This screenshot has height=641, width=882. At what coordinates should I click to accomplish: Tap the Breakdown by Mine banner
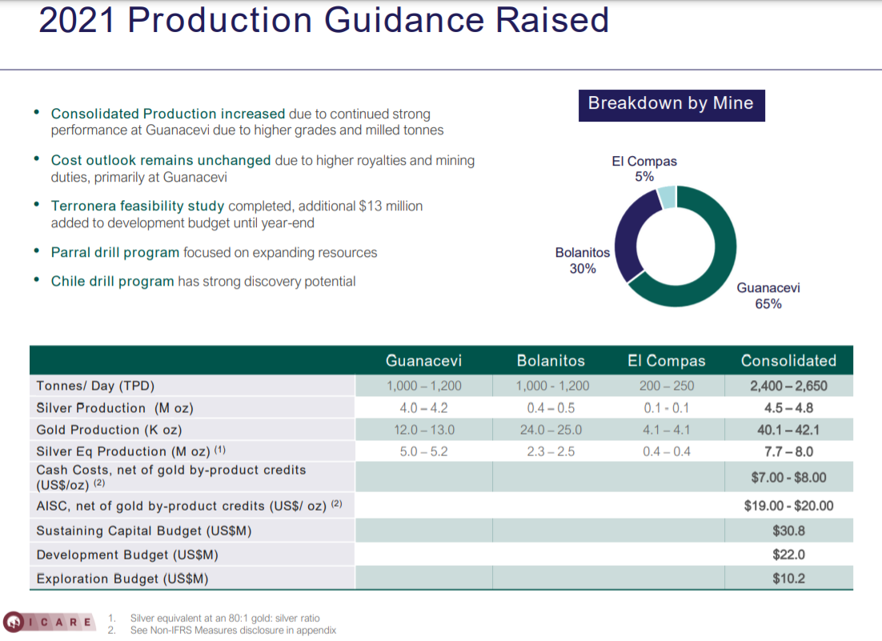[671, 103]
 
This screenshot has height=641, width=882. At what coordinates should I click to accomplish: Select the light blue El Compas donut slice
[667, 197]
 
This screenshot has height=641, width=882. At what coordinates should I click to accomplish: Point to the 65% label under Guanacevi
[768, 304]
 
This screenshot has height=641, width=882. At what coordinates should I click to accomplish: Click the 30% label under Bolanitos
[583, 269]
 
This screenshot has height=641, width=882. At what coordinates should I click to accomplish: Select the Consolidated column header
[788, 361]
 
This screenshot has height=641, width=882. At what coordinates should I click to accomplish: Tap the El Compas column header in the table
[666, 361]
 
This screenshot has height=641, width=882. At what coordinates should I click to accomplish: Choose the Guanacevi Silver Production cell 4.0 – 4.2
[424, 408]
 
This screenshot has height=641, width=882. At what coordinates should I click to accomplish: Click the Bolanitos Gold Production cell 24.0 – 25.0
[551, 430]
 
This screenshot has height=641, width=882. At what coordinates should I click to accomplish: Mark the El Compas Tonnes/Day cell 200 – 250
[667, 386]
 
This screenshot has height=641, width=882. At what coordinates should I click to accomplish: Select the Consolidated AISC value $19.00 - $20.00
[788, 506]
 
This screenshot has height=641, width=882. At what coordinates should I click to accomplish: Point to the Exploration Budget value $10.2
[788, 579]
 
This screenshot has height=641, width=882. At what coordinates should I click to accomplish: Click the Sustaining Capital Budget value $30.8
[788, 531]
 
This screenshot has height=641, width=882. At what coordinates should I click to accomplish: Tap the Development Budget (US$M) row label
[127, 555]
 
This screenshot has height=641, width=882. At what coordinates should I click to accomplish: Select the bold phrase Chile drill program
[112, 281]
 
